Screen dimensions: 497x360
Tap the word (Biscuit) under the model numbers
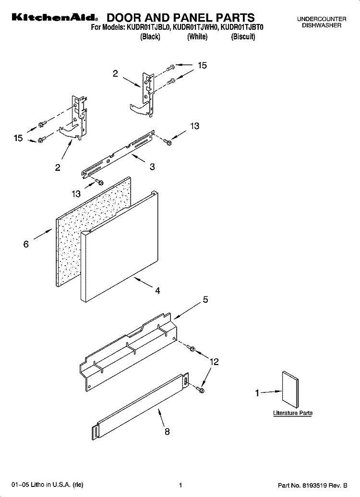pyautogui.click(x=243, y=37)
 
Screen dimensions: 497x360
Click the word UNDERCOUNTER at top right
pyautogui.click(x=321, y=19)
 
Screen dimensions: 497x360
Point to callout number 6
pyautogui.click(x=26, y=244)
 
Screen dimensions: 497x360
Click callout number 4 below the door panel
pyautogui.click(x=157, y=290)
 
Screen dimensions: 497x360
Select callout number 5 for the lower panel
pyautogui.click(x=205, y=300)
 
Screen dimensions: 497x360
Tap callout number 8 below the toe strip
pyautogui.click(x=167, y=431)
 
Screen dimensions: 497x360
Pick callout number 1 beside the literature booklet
pyautogui.click(x=257, y=393)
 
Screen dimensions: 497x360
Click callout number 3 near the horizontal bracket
pyautogui.click(x=152, y=167)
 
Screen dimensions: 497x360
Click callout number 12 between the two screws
pyautogui.click(x=214, y=362)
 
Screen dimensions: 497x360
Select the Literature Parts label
pyautogui.click(x=293, y=413)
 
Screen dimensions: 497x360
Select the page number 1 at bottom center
pyautogui.click(x=180, y=485)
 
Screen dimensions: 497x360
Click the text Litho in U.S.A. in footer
pyautogui.click(x=46, y=485)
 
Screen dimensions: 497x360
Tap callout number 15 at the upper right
pyautogui.click(x=202, y=65)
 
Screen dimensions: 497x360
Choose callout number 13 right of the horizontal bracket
pyautogui.click(x=194, y=126)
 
